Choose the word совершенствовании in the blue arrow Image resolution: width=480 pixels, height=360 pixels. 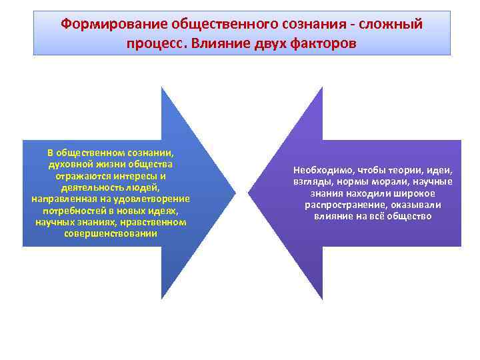(111, 233)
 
